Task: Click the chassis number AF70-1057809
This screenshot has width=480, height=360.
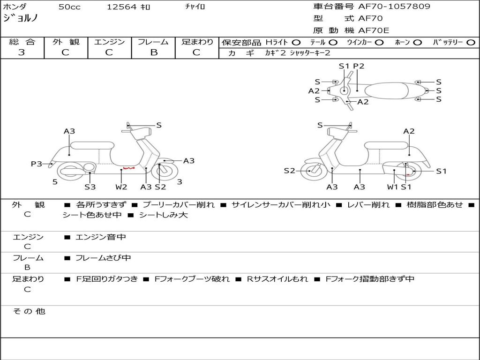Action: (x=394, y=7)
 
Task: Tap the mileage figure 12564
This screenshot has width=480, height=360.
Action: (x=121, y=7)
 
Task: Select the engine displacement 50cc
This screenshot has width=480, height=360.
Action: (x=69, y=7)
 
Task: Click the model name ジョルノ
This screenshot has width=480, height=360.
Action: (x=21, y=18)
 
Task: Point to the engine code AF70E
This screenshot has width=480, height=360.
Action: (x=374, y=31)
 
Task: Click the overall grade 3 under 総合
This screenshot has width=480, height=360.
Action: (x=22, y=52)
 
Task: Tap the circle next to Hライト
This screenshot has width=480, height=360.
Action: (x=296, y=42)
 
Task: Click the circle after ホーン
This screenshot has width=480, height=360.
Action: (x=417, y=42)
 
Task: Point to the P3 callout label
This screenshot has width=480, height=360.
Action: (x=37, y=164)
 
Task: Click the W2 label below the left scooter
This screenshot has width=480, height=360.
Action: (x=121, y=187)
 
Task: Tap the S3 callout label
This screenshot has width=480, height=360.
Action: (x=90, y=187)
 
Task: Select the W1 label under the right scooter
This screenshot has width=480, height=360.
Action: (x=393, y=187)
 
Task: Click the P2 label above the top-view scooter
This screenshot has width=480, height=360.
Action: (x=359, y=66)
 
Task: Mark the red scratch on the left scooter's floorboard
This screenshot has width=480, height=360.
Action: (x=128, y=168)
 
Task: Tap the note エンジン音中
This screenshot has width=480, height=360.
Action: (x=101, y=237)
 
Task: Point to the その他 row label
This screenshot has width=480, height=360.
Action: (x=29, y=311)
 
